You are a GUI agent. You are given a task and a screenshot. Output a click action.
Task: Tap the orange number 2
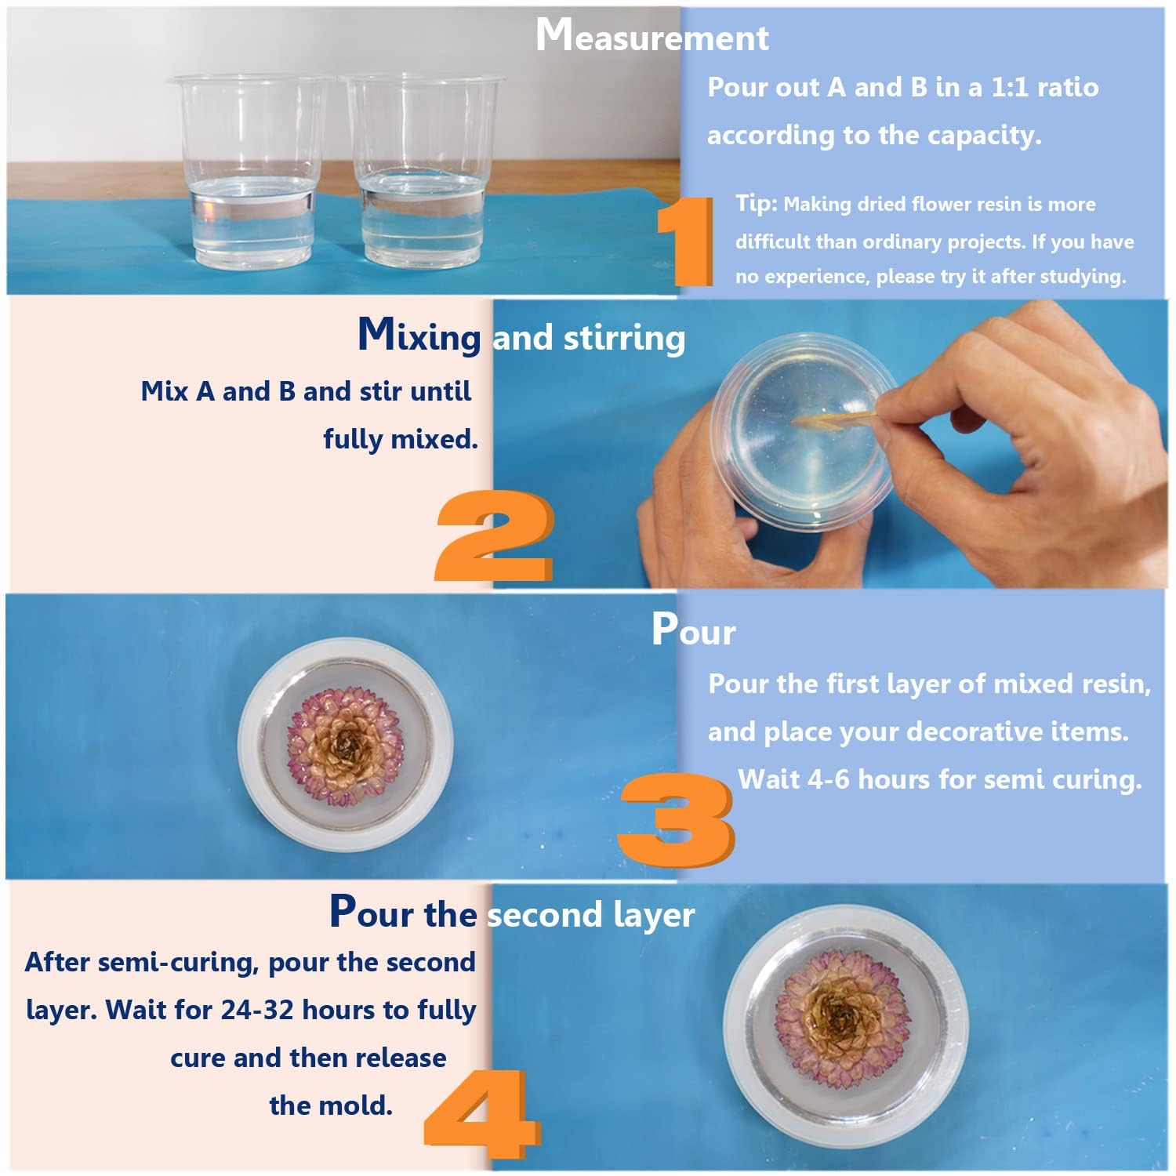(x=494, y=535)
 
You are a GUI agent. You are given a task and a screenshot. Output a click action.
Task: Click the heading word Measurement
(x=652, y=37)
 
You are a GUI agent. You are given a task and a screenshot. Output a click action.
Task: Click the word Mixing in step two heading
(x=419, y=336)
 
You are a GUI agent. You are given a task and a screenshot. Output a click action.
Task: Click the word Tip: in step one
(x=756, y=203)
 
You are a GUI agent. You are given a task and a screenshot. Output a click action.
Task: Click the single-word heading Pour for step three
(x=693, y=630)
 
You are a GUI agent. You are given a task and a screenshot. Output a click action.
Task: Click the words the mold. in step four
(x=331, y=1105)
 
